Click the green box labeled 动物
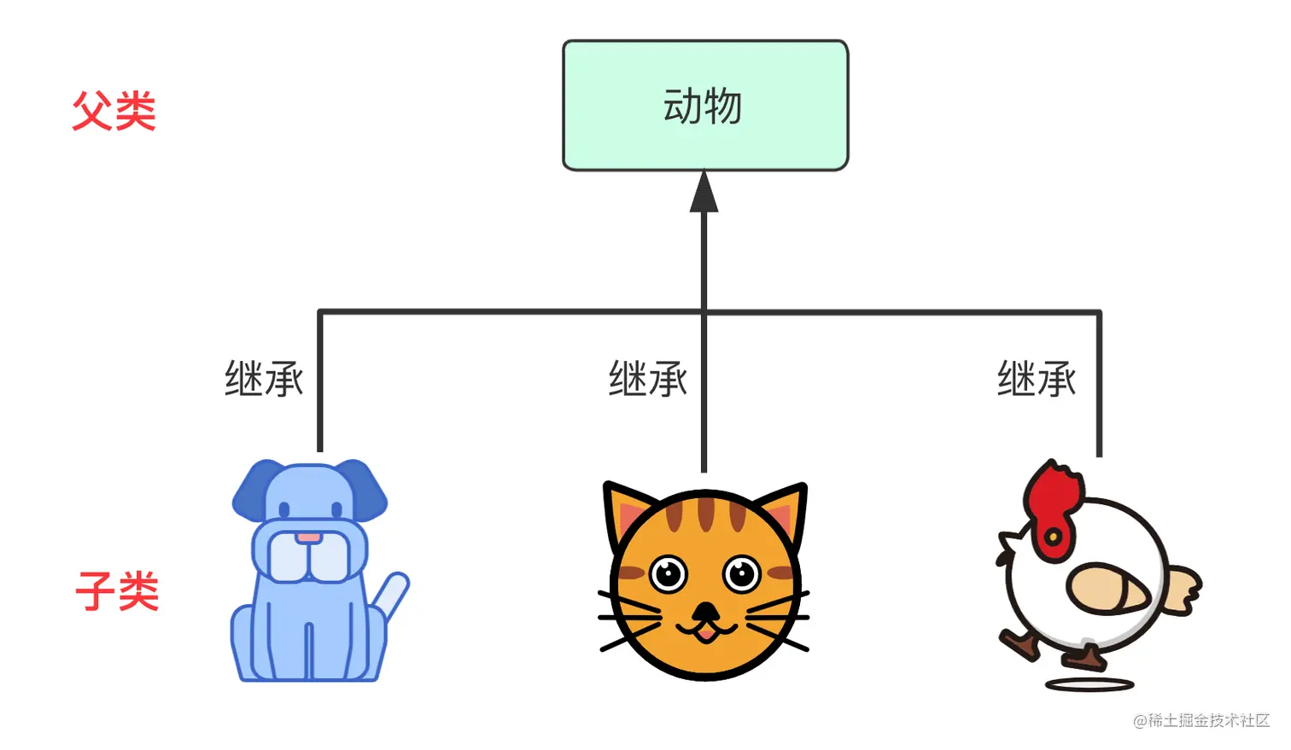click(x=704, y=106)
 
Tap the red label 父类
click(x=114, y=112)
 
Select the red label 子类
click(x=118, y=591)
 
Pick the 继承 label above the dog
click(x=264, y=379)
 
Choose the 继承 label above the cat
click(x=648, y=379)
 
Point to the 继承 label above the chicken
click(x=1037, y=379)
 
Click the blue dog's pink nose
click(x=309, y=538)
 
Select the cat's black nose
click(x=705, y=612)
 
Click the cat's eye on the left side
click(x=668, y=573)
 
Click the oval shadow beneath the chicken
click(x=1089, y=684)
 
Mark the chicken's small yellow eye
click(x=1054, y=537)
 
